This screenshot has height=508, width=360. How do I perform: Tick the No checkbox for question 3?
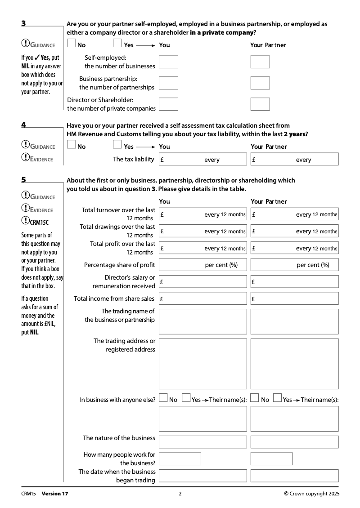71,44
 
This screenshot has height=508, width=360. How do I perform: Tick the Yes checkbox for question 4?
117,145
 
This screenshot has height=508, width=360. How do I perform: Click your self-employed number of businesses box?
168,62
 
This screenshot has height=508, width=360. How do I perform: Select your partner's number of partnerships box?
260,83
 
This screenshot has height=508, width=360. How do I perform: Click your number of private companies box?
168,104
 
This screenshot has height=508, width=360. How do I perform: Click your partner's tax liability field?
294,159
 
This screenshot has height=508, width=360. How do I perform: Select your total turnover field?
202,214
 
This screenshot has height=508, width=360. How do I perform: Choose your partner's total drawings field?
294,231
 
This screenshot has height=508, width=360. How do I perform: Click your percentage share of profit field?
202,265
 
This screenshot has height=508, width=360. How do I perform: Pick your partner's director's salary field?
294,282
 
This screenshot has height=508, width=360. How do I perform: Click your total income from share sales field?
202,299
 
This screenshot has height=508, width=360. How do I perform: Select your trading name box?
202,321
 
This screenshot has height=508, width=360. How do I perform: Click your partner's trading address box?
294,363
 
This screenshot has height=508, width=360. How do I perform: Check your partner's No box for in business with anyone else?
255,398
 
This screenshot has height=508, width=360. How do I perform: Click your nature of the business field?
202,441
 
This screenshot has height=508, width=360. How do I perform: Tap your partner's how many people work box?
271,459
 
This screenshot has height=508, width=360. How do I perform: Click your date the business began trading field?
202,476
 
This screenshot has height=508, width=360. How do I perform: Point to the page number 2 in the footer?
180,494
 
